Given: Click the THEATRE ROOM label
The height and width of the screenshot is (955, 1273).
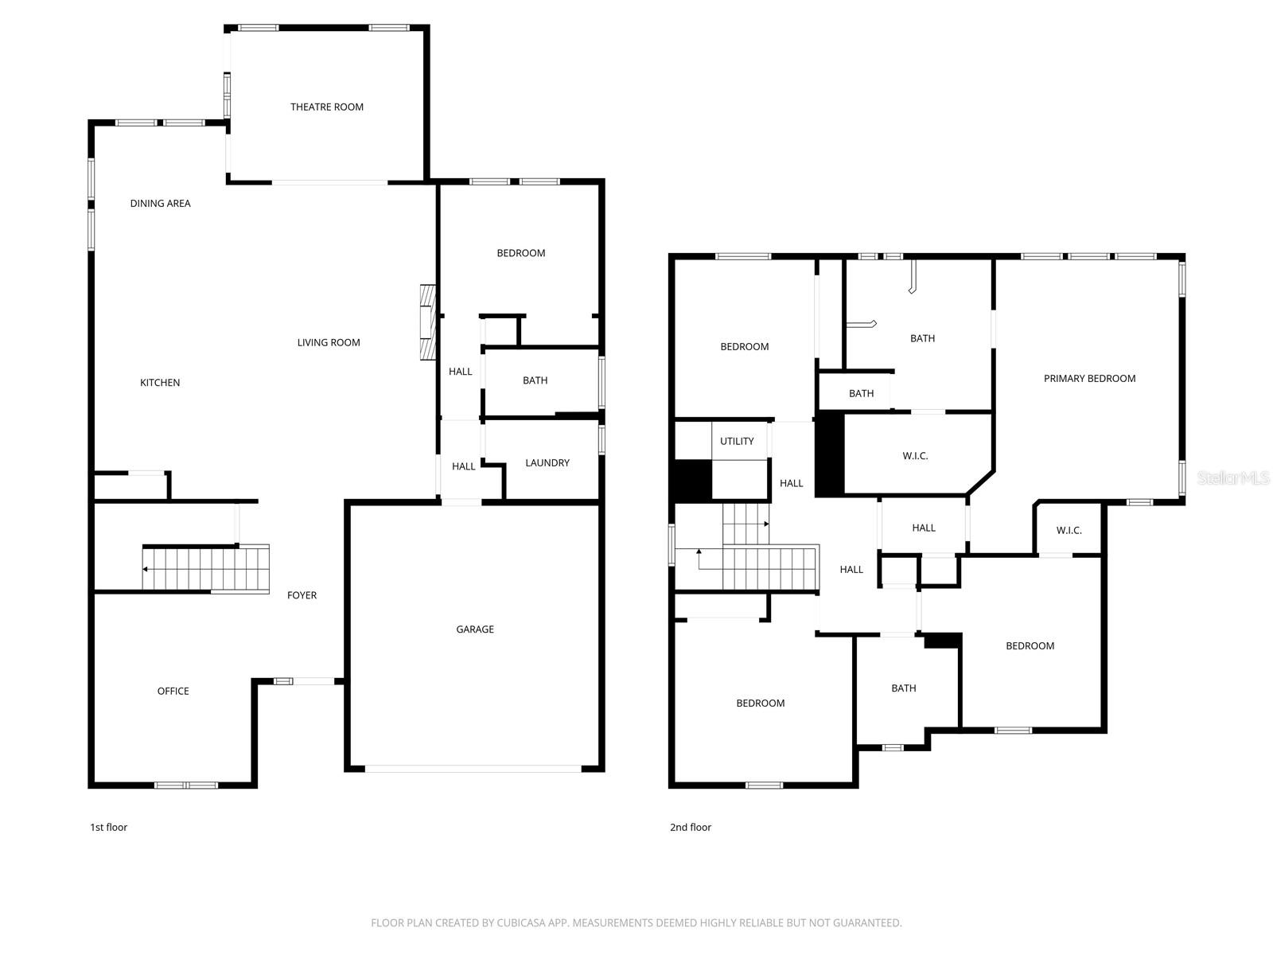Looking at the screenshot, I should click(326, 107).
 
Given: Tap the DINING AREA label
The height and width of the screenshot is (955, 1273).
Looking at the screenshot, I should click(160, 203).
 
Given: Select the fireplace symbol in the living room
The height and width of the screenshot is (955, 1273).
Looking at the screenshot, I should click(428, 322).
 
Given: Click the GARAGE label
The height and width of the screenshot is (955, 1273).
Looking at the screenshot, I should click(475, 629).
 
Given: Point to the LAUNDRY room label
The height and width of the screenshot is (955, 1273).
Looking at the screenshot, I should click(547, 462).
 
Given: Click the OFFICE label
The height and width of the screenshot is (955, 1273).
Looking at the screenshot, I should click(173, 691).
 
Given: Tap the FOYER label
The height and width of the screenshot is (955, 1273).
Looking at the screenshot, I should click(302, 594).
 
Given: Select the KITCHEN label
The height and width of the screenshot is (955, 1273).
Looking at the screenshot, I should click(160, 382).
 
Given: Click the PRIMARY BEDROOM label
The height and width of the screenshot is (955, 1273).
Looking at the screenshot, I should click(1089, 378).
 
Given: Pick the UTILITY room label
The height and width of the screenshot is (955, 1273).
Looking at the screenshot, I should click(737, 441).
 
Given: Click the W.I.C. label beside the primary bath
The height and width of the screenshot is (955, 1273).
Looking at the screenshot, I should click(915, 455).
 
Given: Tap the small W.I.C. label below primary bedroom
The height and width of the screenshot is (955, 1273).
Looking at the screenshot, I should click(1069, 530).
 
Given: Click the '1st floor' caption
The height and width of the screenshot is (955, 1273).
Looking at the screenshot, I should click(108, 827).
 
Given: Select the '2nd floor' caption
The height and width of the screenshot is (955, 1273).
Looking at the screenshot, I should click(691, 827).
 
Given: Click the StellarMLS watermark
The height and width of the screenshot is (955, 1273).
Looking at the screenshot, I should click(1232, 477).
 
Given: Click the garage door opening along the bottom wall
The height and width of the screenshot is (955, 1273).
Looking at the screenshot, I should click(473, 769).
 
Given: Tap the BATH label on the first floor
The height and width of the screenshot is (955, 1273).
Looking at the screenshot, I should click(535, 380).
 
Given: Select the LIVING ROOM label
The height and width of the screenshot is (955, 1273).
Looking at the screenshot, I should click(329, 342).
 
